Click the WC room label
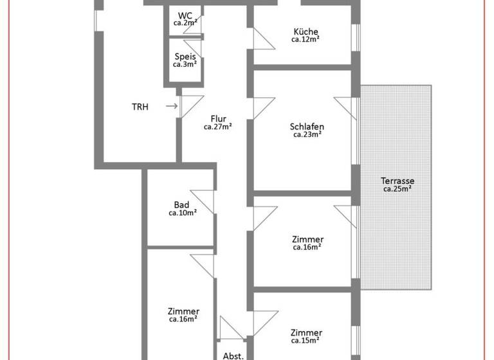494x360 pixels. (x=185, y=15)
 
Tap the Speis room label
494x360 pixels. (x=185, y=56)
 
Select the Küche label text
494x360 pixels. (x=306, y=32)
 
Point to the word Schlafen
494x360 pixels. (x=307, y=127)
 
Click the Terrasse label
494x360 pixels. (x=398, y=181)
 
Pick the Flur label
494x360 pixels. (x=218, y=118)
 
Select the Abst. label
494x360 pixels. (x=233, y=355)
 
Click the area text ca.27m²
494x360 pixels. (x=218, y=127)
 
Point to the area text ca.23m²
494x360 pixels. (x=307, y=134)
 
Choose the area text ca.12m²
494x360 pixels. (x=306, y=39)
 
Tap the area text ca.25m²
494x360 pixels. (x=398, y=189)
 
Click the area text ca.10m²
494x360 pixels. (x=183, y=213)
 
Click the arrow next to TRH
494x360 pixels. (x=171, y=106)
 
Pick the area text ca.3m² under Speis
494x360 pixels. (x=185, y=64)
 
